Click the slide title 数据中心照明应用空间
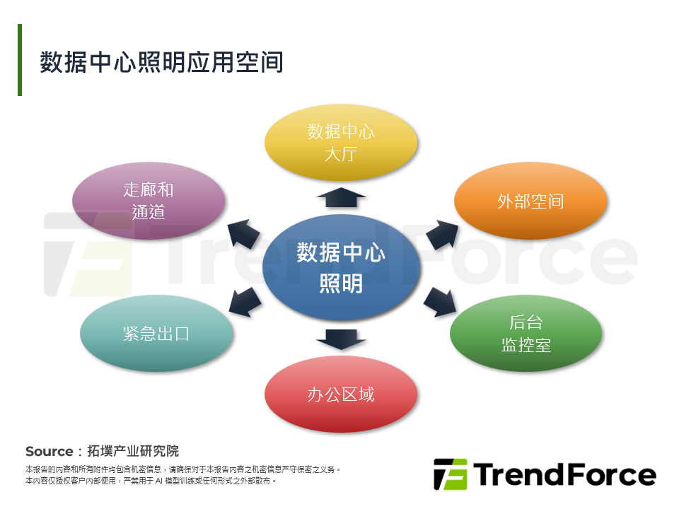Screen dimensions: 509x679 coord(161,62)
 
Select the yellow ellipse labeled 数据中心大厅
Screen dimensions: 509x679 coord(340,142)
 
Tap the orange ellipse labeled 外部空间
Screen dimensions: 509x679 coord(530,201)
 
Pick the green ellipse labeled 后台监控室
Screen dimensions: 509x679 coord(526,334)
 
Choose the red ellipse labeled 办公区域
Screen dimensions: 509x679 coord(340,394)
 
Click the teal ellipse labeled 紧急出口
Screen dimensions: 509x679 coord(156,334)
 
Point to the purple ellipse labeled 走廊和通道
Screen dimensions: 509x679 coord(149,201)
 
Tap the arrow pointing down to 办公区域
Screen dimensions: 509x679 coord(340,339)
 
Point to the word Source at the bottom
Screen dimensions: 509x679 coord(49,451)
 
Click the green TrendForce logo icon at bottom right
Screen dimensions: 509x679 coord(450,474)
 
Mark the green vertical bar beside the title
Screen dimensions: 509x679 coord(20,60)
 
